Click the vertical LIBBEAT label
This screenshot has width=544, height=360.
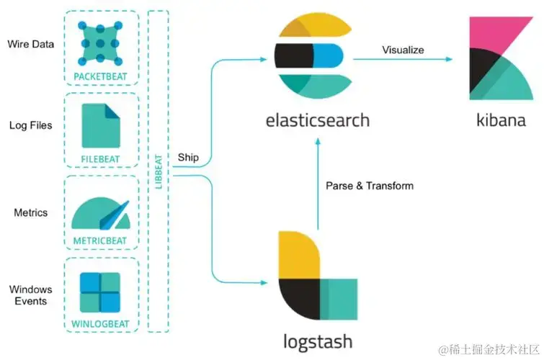click(x=159, y=173)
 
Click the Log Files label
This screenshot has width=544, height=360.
click(x=30, y=126)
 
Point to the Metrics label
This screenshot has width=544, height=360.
click(x=31, y=213)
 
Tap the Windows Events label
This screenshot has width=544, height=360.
click(x=31, y=296)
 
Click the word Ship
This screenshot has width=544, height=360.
click(x=188, y=158)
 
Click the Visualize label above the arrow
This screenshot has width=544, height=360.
click(x=403, y=50)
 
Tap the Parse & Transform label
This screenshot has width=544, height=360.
click(x=370, y=186)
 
